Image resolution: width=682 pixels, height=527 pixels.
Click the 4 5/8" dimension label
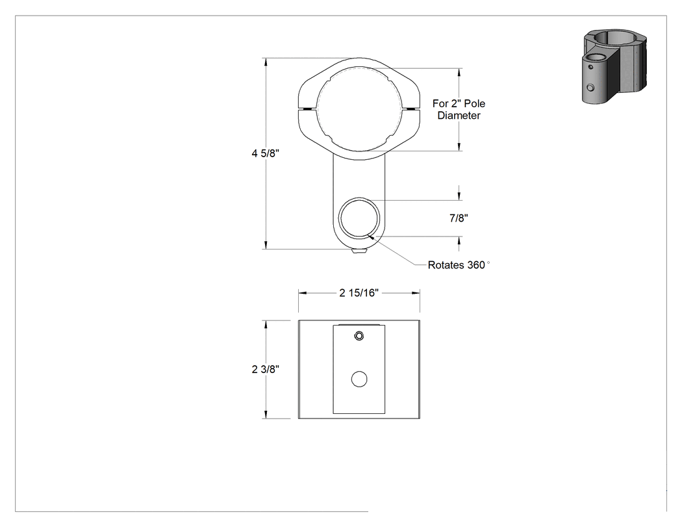coord(265,153)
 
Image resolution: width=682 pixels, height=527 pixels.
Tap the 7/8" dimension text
coord(459,218)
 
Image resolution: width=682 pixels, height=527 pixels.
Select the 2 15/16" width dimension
coord(359,293)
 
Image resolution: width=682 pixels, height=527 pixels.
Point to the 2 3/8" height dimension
coord(265,369)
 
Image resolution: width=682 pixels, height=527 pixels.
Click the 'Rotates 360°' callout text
coord(459,265)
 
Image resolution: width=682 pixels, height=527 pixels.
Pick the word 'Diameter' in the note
coord(459,115)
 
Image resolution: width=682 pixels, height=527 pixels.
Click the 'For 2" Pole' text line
coord(459,103)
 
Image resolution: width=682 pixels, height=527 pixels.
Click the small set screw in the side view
coord(359,336)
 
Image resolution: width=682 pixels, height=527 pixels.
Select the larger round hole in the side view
coord(359,379)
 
